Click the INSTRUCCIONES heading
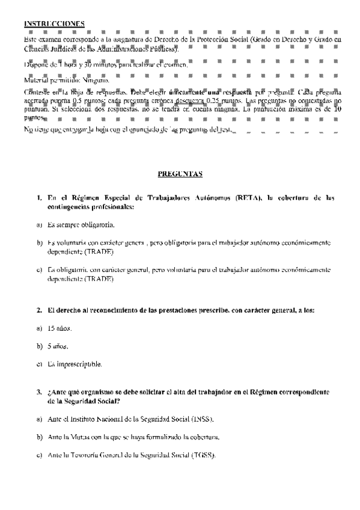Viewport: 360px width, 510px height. [54, 23]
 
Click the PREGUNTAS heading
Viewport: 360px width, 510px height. [180, 174]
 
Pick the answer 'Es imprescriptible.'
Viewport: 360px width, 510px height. [75, 364]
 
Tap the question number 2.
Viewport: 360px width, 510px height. [38, 311]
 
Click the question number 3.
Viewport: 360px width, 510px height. [38, 392]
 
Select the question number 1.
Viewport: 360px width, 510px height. [38, 198]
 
